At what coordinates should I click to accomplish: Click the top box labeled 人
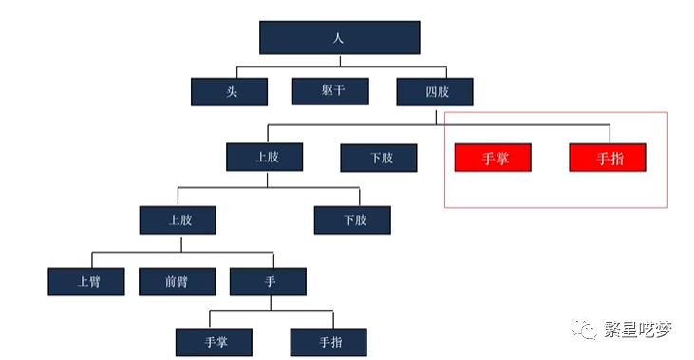[x=339, y=37]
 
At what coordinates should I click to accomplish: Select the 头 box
[x=229, y=91]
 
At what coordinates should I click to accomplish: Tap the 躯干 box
[x=330, y=91]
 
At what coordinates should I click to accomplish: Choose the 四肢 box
[x=434, y=91]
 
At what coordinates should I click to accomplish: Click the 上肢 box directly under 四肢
[x=266, y=157]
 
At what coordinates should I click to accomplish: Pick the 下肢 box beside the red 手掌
[x=380, y=157]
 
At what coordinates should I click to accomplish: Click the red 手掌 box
[x=493, y=158]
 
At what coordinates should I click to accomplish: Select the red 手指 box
[x=608, y=158]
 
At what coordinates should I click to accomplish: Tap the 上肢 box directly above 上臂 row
[x=178, y=220]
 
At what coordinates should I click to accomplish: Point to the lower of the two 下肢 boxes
[x=353, y=220]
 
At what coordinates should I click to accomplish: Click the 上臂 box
[x=86, y=282]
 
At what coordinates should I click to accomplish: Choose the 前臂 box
[x=177, y=282]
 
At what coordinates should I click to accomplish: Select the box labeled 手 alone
[x=268, y=282]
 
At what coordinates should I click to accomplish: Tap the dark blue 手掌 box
[x=215, y=342]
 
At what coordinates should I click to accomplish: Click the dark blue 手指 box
[x=328, y=342]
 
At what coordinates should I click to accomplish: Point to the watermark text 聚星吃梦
[x=638, y=330]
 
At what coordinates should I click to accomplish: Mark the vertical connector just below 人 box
[x=339, y=60]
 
